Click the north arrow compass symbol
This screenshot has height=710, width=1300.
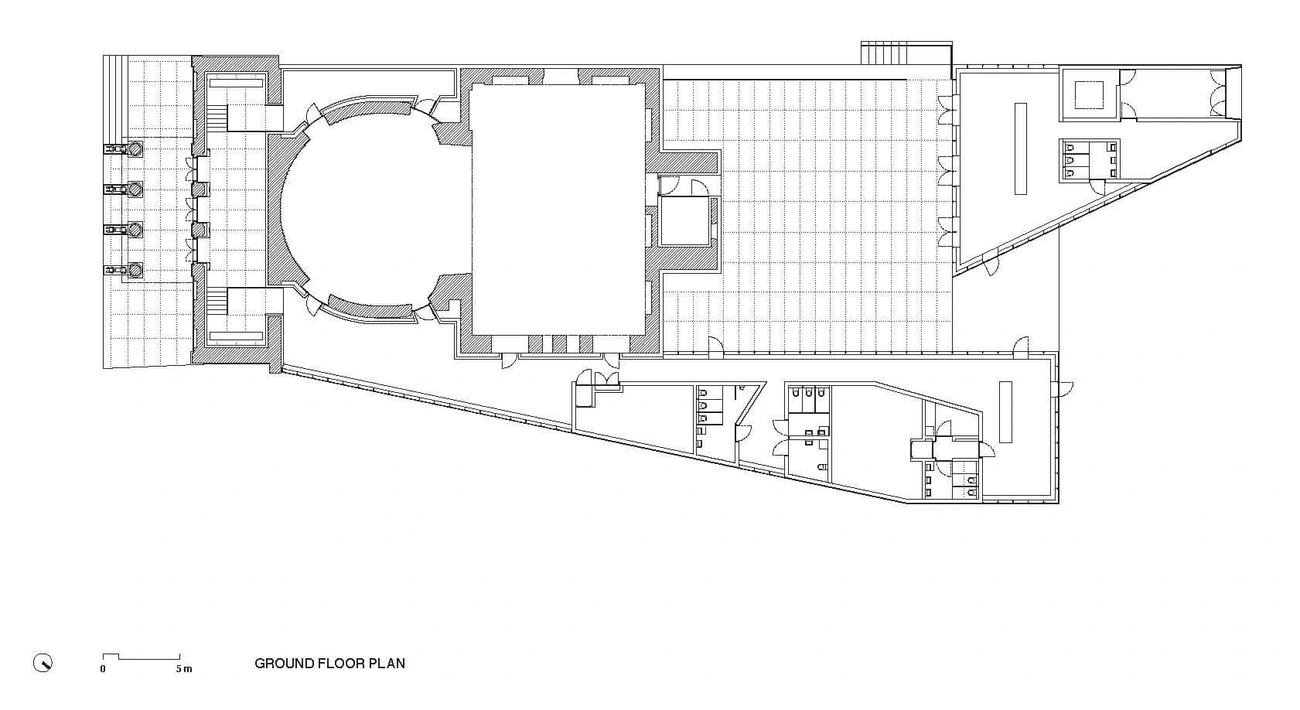tap(43, 663)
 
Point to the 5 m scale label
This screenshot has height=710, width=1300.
tap(183, 669)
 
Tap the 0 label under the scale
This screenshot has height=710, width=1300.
tap(103, 669)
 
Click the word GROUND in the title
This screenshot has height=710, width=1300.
tap(284, 663)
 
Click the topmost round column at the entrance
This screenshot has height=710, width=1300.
tap(135, 148)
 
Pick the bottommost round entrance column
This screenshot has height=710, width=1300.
tap(135, 270)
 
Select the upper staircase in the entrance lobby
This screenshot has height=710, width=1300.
tap(217, 118)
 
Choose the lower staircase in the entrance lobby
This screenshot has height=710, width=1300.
tap(217, 301)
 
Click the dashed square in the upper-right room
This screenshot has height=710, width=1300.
tap(1089, 94)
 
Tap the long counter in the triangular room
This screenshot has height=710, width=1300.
tap(1020, 148)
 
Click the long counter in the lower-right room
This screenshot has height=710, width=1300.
tap(1005, 411)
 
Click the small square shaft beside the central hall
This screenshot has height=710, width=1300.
tap(684, 221)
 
